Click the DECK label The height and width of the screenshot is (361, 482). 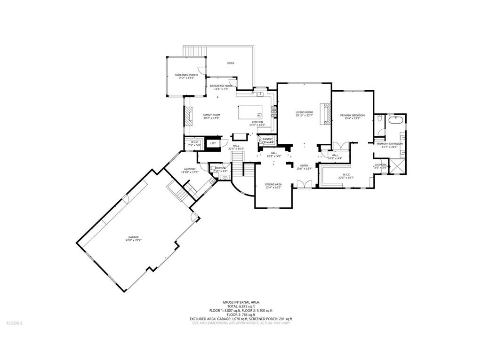(x=231, y=63)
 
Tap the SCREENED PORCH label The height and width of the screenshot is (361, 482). (x=186, y=75)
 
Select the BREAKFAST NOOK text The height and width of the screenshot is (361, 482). (x=221, y=86)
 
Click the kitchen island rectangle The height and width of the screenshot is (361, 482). (x=250, y=113)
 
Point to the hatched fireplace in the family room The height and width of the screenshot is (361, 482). (x=188, y=116)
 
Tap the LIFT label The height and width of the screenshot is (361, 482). (x=213, y=143)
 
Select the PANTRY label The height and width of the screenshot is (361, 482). (x=267, y=139)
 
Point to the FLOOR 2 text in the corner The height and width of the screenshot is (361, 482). (x=14, y=323)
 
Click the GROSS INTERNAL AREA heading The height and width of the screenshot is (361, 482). (x=241, y=302)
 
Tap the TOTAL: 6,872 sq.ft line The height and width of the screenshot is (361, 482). (x=241, y=306)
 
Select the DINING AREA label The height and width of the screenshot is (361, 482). (x=273, y=184)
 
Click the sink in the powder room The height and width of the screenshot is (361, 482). (x=225, y=178)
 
